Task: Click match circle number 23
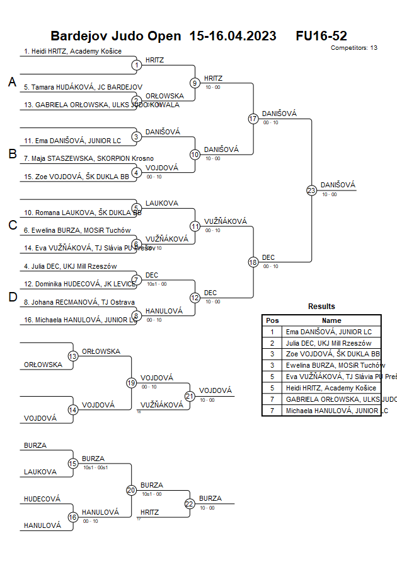tap(311, 190)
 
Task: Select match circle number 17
tap(253, 119)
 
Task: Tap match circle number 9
tap(195, 83)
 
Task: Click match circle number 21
tap(190, 396)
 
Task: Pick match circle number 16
tap(73, 517)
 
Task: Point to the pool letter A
tap(12, 83)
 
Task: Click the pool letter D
tap(12, 298)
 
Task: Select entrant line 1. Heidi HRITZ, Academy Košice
tap(72, 51)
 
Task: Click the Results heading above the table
tap(321, 307)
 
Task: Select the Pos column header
tap(272, 320)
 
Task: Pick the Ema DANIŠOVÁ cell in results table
tap(328, 332)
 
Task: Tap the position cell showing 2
tap(272, 343)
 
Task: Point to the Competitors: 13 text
tap(354, 48)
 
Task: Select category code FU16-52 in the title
tap(321, 36)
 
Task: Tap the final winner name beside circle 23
tap(338, 185)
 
